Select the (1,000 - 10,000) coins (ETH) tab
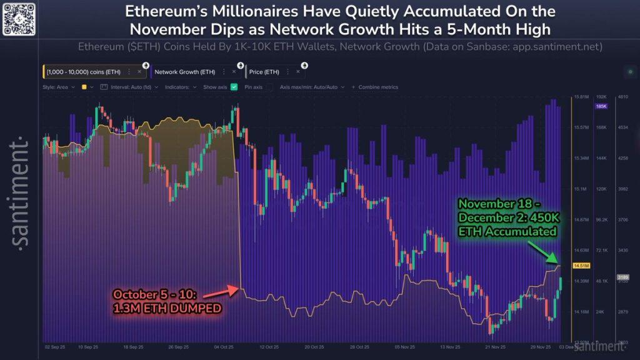(x=83, y=72)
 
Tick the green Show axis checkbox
(x=234, y=87)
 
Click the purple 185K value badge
(x=601, y=106)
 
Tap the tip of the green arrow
(x=560, y=263)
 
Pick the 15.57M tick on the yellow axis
(x=582, y=127)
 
